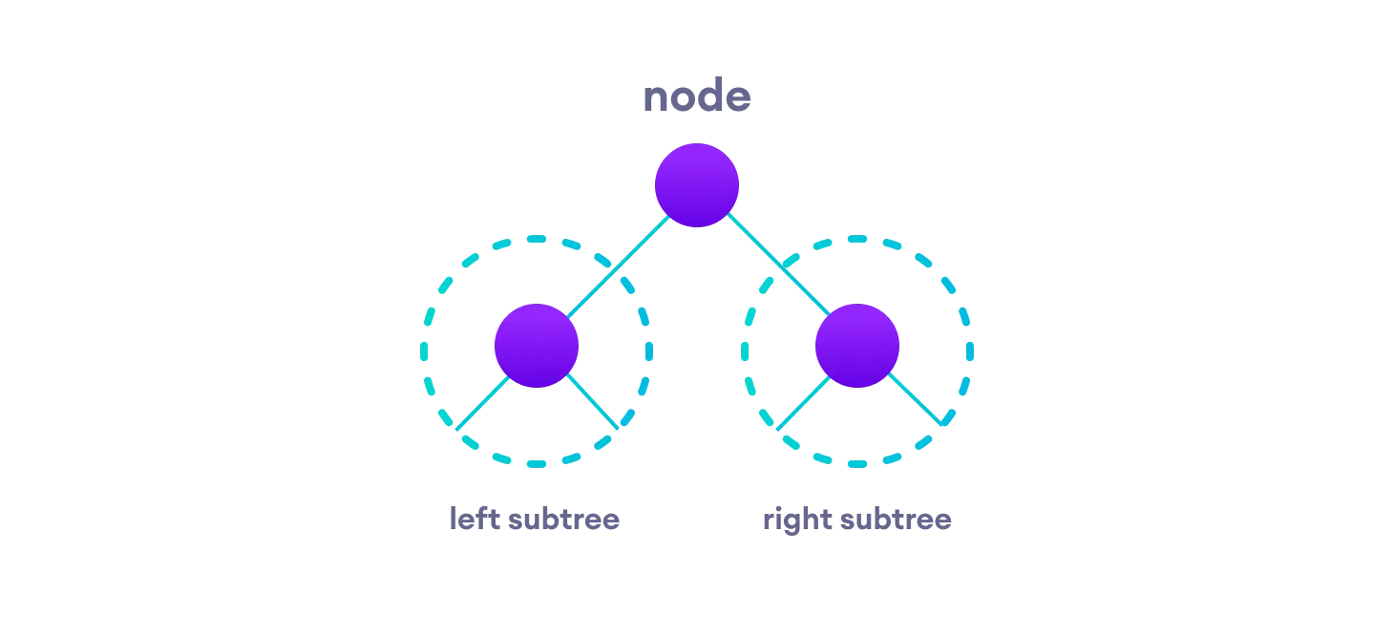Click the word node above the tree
[x=696, y=97]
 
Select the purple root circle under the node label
[x=697, y=185]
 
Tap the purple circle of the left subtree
[x=537, y=346]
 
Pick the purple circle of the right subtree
[x=857, y=346]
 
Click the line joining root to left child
[x=619, y=266]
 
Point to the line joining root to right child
[x=778, y=266]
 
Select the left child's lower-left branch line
[x=482, y=403]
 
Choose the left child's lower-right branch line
[x=593, y=402]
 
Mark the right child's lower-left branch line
[x=803, y=403]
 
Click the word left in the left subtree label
[x=475, y=520]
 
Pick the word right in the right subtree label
[x=794, y=521]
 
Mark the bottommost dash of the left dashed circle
[x=537, y=463]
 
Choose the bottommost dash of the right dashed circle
[x=857, y=463]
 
